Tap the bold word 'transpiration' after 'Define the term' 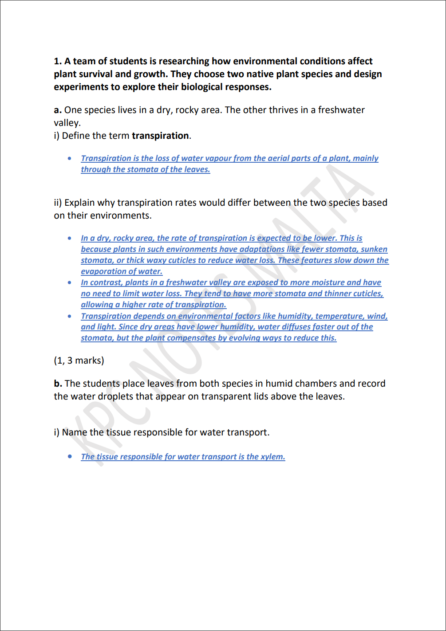(160, 136)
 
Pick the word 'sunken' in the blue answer (374, 249)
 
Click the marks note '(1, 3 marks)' (79, 361)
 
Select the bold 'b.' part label (58, 384)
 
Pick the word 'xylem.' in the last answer (272, 457)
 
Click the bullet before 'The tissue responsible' (70, 456)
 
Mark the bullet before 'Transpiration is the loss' (70, 158)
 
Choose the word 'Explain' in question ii (79, 203)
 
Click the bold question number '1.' (58, 61)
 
